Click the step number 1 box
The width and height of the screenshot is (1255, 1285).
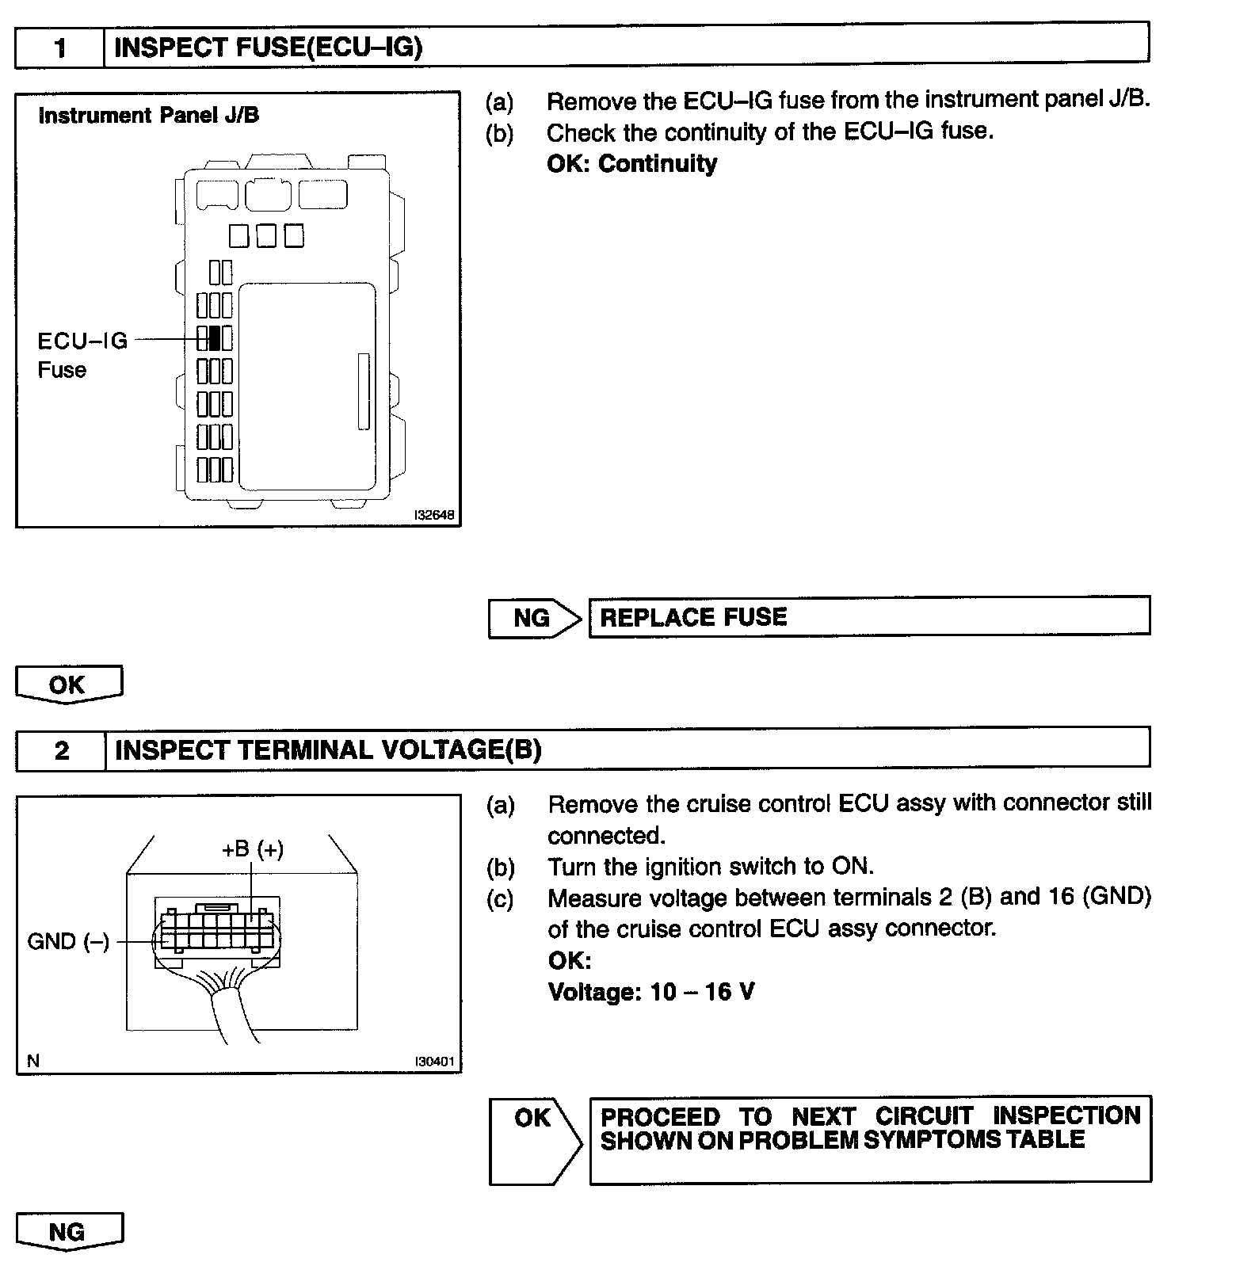point(60,48)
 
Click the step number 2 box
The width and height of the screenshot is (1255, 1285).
point(62,750)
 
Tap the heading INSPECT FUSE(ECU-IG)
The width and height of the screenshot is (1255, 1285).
point(269,48)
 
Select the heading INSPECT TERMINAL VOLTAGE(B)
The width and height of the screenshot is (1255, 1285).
point(328,750)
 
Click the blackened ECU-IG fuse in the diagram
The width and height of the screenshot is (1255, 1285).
point(214,338)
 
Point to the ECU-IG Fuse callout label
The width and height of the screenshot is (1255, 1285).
point(82,355)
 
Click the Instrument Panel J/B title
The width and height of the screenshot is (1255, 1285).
point(148,116)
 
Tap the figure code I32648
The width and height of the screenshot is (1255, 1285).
point(434,516)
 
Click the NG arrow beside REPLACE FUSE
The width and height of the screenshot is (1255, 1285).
point(533,618)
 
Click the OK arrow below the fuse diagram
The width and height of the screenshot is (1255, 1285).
point(68,684)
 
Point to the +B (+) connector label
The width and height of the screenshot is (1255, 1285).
point(252,849)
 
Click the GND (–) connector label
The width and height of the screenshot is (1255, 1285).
point(68,941)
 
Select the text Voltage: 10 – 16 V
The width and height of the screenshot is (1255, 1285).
point(650,992)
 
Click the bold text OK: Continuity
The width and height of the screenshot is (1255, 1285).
point(631,164)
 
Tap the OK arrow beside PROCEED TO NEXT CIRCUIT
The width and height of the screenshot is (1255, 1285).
point(533,1119)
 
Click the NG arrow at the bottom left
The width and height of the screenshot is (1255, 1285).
point(68,1232)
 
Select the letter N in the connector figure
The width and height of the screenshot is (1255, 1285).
point(33,1061)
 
